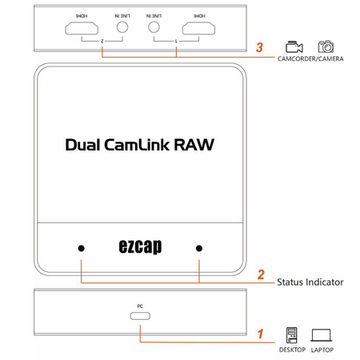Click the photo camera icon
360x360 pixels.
point(326,48)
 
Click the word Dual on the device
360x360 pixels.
point(86,146)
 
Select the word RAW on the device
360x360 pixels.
point(196,146)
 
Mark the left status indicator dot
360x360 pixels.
point(81,247)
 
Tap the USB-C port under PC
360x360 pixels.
point(140,315)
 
